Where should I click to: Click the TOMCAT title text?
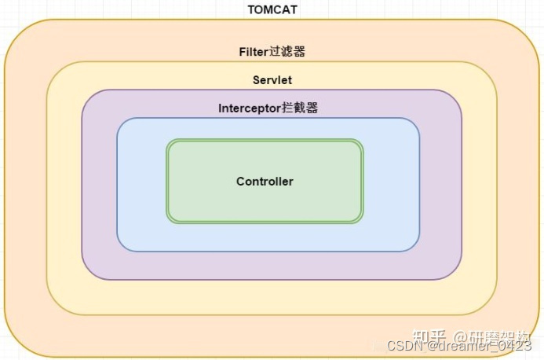coord(272,9)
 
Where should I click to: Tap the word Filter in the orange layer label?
coord(253,52)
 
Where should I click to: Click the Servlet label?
coord(272,80)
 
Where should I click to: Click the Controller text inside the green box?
coord(265,182)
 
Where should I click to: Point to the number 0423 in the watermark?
coord(513,346)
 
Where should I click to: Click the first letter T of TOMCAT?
coord(251,9)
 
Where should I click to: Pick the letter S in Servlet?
coord(256,80)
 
